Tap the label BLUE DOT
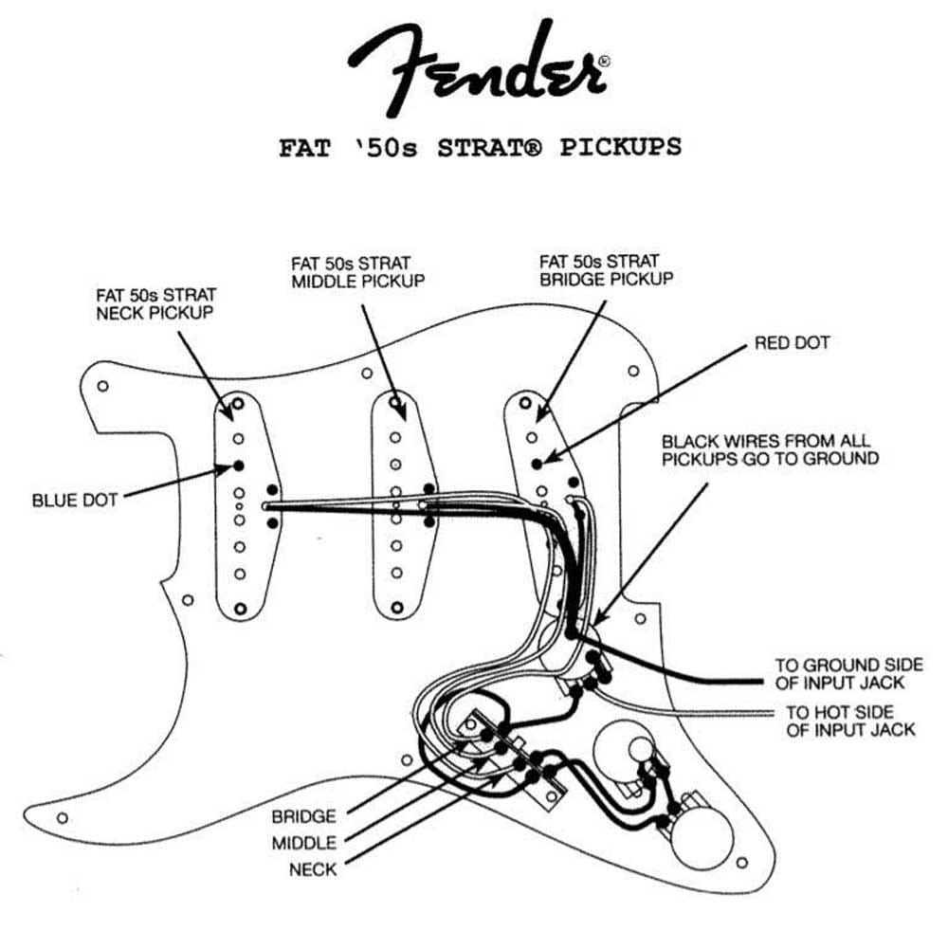[75, 500]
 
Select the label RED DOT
[792, 342]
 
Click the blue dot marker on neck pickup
[238, 465]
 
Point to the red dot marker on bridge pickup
[537, 464]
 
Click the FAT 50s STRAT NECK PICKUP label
[155, 303]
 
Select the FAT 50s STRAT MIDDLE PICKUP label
[357, 271]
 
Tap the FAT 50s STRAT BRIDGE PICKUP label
[606, 269]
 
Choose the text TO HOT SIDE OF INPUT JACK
[849, 720]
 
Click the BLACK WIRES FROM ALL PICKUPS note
[769, 449]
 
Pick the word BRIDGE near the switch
[302, 816]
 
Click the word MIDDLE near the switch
[303, 843]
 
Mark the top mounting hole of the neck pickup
[239, 406]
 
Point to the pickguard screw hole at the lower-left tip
[63, 817]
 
